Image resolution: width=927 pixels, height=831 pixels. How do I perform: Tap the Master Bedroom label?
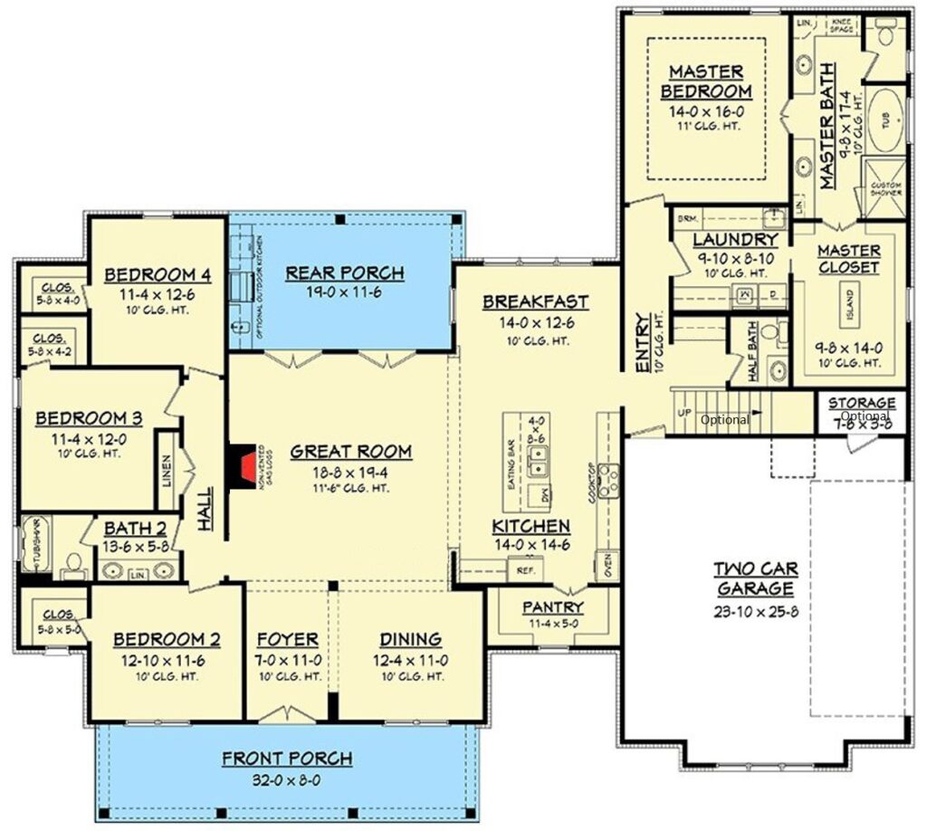click(x=705, y=81)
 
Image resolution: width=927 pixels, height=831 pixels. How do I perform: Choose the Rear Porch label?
click(x=344, y=272)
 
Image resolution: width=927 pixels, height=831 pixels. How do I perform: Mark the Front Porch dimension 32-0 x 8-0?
click(x=287, y=779)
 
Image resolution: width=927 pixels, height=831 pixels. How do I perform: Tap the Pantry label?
click(x=552, y=607)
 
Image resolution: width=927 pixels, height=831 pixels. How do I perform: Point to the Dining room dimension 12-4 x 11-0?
click(x=410, y=676)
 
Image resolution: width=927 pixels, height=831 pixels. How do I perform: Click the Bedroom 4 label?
click(x=150, y=274)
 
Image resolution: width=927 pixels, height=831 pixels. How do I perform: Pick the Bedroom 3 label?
click(x=89, y=417)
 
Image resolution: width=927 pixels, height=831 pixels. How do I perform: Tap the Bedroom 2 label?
click(x=167, y=639)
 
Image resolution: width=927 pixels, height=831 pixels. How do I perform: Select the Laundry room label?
click(x=735, y=240)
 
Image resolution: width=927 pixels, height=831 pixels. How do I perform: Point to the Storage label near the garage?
click(x=862, y=403)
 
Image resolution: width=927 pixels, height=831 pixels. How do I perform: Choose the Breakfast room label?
click(x=535, y=301)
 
